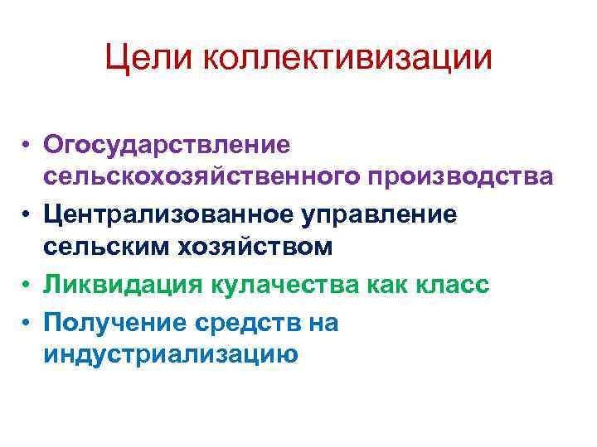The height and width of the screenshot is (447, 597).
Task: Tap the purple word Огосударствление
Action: click(177, 144)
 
